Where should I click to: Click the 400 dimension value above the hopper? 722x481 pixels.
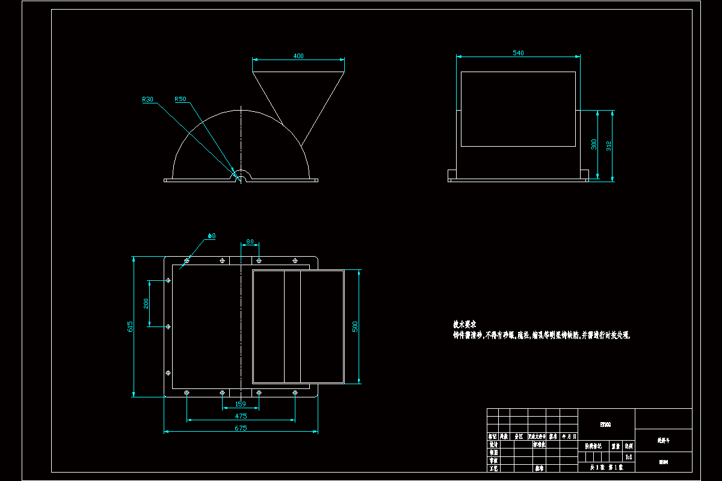pyautogui.click(x=298, y=56)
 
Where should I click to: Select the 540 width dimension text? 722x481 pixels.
pyautogui.click(x=518, y=53)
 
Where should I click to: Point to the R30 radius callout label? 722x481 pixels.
pyautogui.click(x=148, y=99)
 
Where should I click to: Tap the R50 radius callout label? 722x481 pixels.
pyautogui.click(x=180, y=99)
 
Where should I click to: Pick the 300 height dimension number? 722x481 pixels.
pyautogui.click(x=594, y=145)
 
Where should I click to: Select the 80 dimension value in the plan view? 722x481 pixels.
pyautogui.click(x=250, y=242)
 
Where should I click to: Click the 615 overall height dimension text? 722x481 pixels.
pyautogui.click(x=130, y=326)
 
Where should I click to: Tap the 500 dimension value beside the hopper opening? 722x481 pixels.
pyautogui.click(x=355, y=326)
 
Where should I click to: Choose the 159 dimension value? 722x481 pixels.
pyautogui.click(x=241, y=404)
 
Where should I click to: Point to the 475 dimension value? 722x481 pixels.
pyautogui.click(x=241, y=415)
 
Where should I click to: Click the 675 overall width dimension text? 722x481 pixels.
pyautogui.click(x=241, y=428)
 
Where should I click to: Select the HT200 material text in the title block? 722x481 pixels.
pyautogui.click(x=605, y=424)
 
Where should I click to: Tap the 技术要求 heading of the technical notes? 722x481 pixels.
pyautogui.click(x=464, y=323)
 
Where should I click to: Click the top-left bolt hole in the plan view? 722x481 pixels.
pyautogui.click(x=187, y=261)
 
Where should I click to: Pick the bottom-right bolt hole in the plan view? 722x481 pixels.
pyautogui.click(x=295, y=393)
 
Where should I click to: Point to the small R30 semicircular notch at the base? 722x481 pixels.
pyautogui.click(x=241, y=176)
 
